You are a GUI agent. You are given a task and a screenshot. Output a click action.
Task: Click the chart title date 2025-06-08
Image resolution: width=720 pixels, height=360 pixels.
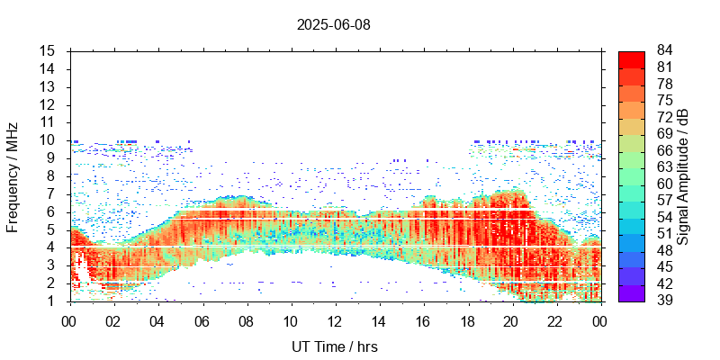coord(333,24)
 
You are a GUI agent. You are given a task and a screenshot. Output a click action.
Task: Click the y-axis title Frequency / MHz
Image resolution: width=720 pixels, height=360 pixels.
coord(13,175)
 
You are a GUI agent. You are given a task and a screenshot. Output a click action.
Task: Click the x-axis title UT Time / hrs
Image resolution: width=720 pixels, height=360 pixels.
coord(333,346)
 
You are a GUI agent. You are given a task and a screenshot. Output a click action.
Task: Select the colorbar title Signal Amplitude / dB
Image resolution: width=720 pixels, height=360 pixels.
coord(683,175)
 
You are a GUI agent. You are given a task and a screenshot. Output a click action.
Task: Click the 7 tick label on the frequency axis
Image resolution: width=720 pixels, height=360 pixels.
coord(52,193)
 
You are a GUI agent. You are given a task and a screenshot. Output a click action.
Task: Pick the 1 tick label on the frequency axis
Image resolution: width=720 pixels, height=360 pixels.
coord(52,301)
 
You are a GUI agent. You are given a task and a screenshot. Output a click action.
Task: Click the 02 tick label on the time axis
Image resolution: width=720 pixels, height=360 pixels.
coord(113,320)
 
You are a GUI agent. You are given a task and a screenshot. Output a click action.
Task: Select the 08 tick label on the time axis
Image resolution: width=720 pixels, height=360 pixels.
coord(246,320)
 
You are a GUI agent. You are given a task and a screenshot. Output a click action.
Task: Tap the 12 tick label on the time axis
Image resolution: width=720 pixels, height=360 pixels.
coord(334,320)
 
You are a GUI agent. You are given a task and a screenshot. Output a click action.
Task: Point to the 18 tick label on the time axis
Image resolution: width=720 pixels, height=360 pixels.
coord(467,320)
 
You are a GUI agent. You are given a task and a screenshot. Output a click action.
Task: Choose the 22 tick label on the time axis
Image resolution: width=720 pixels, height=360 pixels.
coord(555,320)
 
